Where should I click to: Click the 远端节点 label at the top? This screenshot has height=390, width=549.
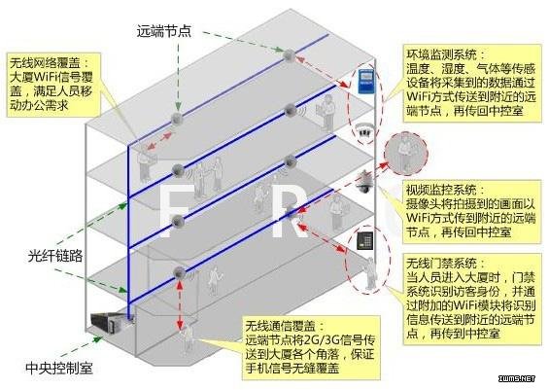tap(164, 31)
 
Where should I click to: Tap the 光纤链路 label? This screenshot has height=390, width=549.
tap(55, 256)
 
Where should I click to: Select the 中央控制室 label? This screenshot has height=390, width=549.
tap(59, 369)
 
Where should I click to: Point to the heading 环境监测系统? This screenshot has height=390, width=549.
tap(441, 54)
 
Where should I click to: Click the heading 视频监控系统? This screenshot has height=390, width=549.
tap(441, 191)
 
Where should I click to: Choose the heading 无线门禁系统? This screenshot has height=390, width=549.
tap(441, 264)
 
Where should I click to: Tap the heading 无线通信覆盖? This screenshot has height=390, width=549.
tap(281, 326)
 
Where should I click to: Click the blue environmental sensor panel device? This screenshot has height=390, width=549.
tap(366, 82)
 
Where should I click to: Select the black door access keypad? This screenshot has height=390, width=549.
tap(364, 240)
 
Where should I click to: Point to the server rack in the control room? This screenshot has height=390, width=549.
tap(108, 322)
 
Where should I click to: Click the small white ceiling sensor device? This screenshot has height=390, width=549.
tap(363, 131)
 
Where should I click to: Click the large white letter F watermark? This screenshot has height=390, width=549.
tap(176, 211)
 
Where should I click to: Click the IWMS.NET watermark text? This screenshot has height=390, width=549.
tap(517, 378)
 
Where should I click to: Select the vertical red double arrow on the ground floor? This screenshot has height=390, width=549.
tap(180, 304)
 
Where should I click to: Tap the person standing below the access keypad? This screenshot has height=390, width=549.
tap(370, 274)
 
